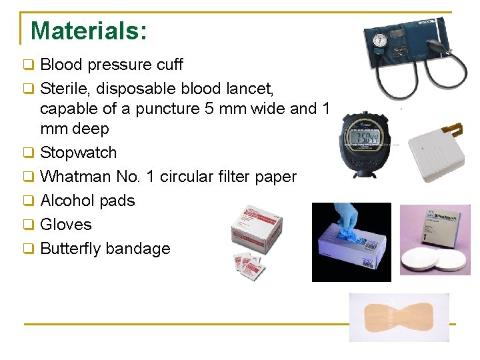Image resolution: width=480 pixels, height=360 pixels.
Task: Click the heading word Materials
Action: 88,31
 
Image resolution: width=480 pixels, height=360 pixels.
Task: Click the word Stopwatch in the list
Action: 78,153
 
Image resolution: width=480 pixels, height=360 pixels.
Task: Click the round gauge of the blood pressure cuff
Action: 381,39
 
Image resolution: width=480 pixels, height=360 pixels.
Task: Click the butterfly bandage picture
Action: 399,317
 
